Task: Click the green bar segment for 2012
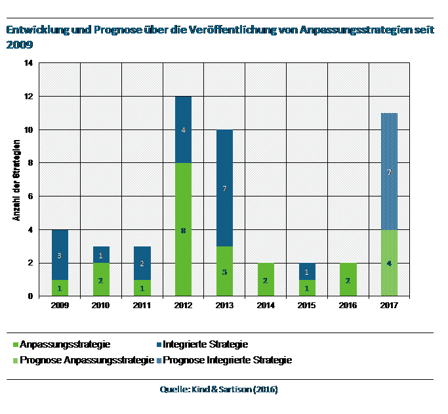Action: (183, 210)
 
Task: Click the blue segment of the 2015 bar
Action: (306, 271)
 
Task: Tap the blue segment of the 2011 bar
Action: (142, 263)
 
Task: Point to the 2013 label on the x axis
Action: (224, 306)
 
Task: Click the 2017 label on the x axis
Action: (389, 306)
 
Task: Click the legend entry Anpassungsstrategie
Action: (65, 344)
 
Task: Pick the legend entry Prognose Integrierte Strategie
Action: (227, 359)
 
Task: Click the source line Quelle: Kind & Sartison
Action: (218, 390)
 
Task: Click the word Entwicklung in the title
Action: (37, 30)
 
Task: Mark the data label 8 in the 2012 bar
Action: (183, 231)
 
